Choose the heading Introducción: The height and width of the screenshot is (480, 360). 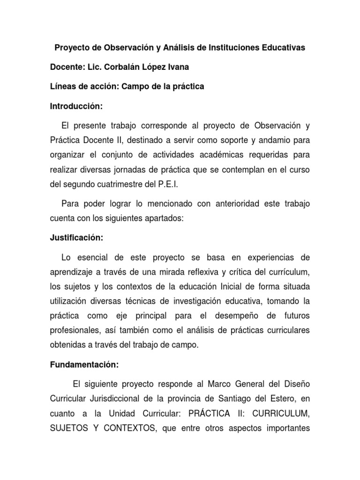tap(76, 106)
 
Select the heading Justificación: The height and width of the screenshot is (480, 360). tap(76, 238)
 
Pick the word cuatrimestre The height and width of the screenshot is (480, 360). tap(120, 184)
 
